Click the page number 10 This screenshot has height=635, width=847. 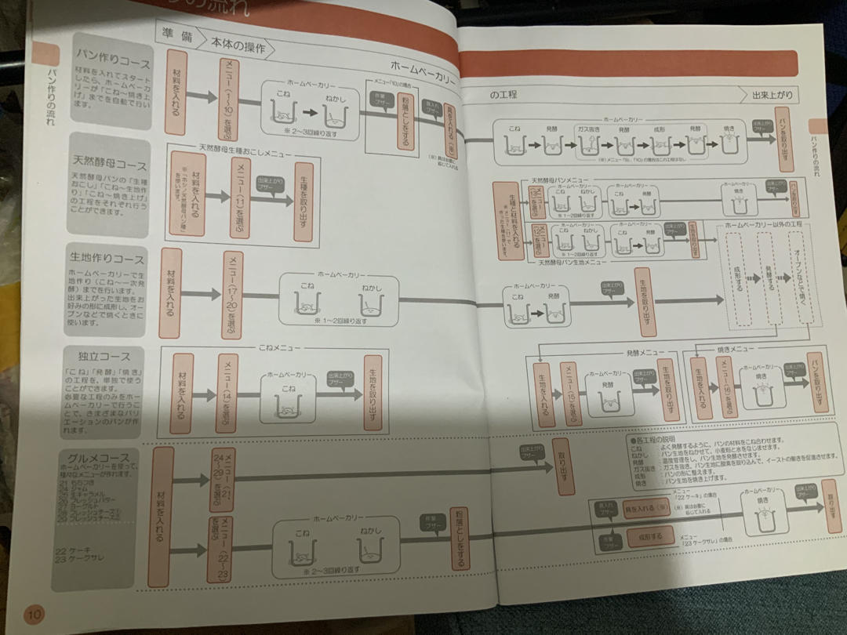pyautogui.click(x=35, y=613)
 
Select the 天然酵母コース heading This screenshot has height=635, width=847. pyautogui.click(x=110, y=166)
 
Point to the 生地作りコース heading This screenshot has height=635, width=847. pyautogui.click(x=107, y=259)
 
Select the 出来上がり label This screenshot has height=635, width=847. pyautogui.click(x=772, y=96)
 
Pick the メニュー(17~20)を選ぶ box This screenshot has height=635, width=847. pyautogui.click(x=233, y=294)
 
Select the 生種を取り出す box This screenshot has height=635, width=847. pyautogui.click(x=304, y=201)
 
